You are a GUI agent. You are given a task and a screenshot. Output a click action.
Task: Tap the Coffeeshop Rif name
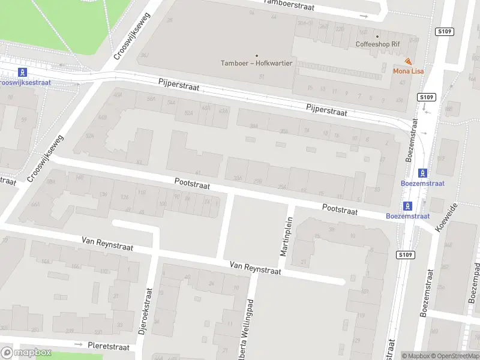point(377,44)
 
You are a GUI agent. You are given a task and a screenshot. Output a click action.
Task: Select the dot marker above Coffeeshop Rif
point(377,35)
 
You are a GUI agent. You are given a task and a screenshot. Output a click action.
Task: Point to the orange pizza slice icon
point(408,61)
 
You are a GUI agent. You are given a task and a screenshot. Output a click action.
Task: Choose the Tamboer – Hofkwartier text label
point(257,63)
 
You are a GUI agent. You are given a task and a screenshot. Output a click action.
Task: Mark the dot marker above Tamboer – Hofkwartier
point(257,55)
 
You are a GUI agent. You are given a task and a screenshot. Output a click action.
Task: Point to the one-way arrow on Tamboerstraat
point(364,16)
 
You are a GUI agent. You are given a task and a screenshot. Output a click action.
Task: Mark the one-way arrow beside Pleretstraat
point(78,344)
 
